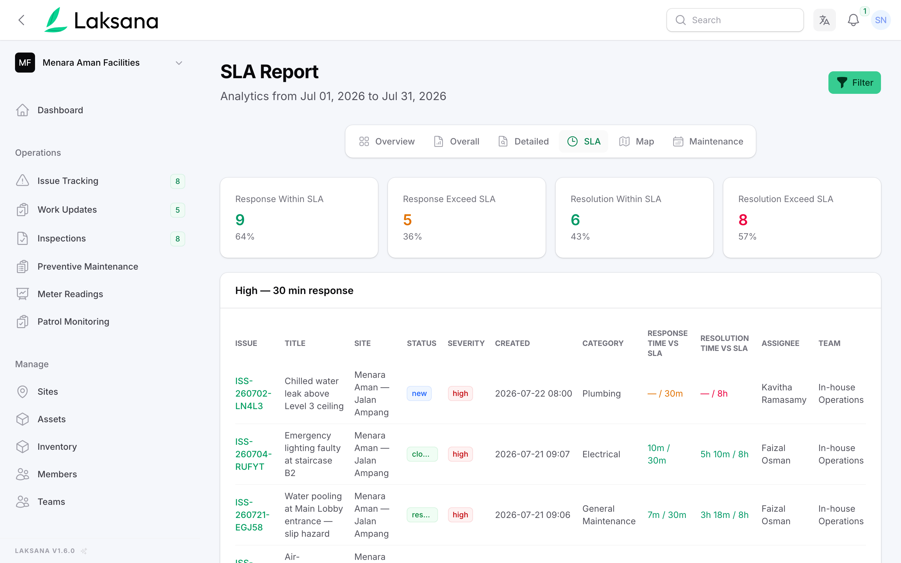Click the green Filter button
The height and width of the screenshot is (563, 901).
854,82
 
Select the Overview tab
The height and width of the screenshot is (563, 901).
387,141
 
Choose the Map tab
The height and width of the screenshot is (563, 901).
636,141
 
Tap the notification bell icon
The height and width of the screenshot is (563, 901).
853,20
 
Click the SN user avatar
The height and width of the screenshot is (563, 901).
881,20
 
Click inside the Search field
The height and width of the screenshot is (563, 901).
735,20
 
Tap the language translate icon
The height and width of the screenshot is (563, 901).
824,20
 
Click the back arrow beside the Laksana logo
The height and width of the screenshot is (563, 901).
22,20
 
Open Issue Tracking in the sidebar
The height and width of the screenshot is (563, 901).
68,181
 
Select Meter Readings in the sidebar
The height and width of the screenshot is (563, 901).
70,294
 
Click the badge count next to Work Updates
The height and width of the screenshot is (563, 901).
178,210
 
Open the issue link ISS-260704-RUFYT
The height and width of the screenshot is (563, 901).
253,454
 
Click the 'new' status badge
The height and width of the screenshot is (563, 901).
419,393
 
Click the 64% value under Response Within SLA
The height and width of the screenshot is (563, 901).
245,236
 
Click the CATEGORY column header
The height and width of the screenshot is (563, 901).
603,343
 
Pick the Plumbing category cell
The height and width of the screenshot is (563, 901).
601,393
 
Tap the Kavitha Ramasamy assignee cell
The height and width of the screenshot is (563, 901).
784,393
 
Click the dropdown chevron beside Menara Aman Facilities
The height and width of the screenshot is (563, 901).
179,63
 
